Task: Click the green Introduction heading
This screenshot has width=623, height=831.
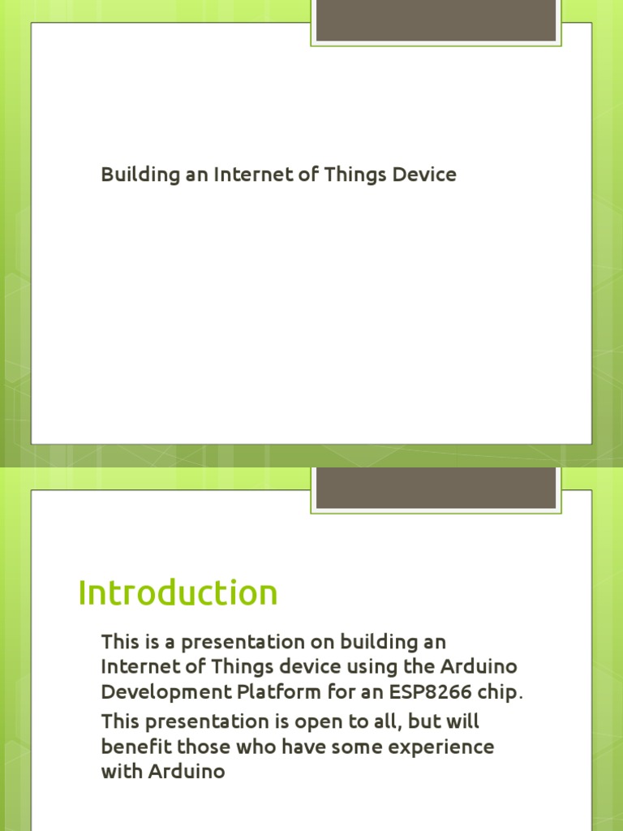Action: [178, 593]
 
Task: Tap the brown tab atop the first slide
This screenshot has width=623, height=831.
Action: [436, 20]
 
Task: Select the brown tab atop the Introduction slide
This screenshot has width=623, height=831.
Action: [436, 488]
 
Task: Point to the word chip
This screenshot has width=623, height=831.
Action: [499, 694]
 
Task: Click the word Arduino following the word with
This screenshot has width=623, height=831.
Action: [187, 772]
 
